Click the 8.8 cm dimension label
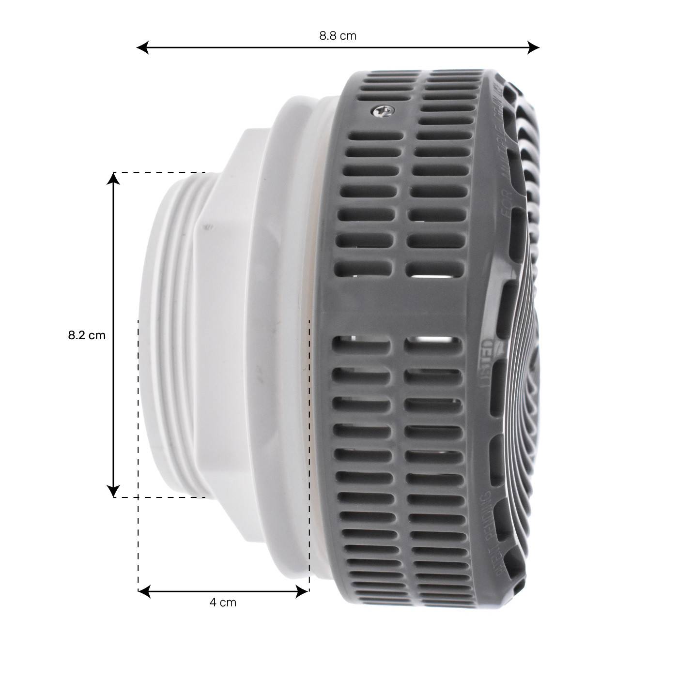pyautogui.click(x=338, y=36)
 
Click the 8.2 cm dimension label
pyautogui.click(x=87, y=335)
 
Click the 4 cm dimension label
pyautogui.click(x=223, y=603)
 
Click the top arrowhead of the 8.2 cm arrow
pyautogui.click(x=113, y=179)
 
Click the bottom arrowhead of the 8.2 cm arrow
pyautogui.click(x=113, y=491)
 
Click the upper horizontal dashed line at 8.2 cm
pyautogui.click(x=160, y=172)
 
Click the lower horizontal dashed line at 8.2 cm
pyautogui.click(x=160, y=497)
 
